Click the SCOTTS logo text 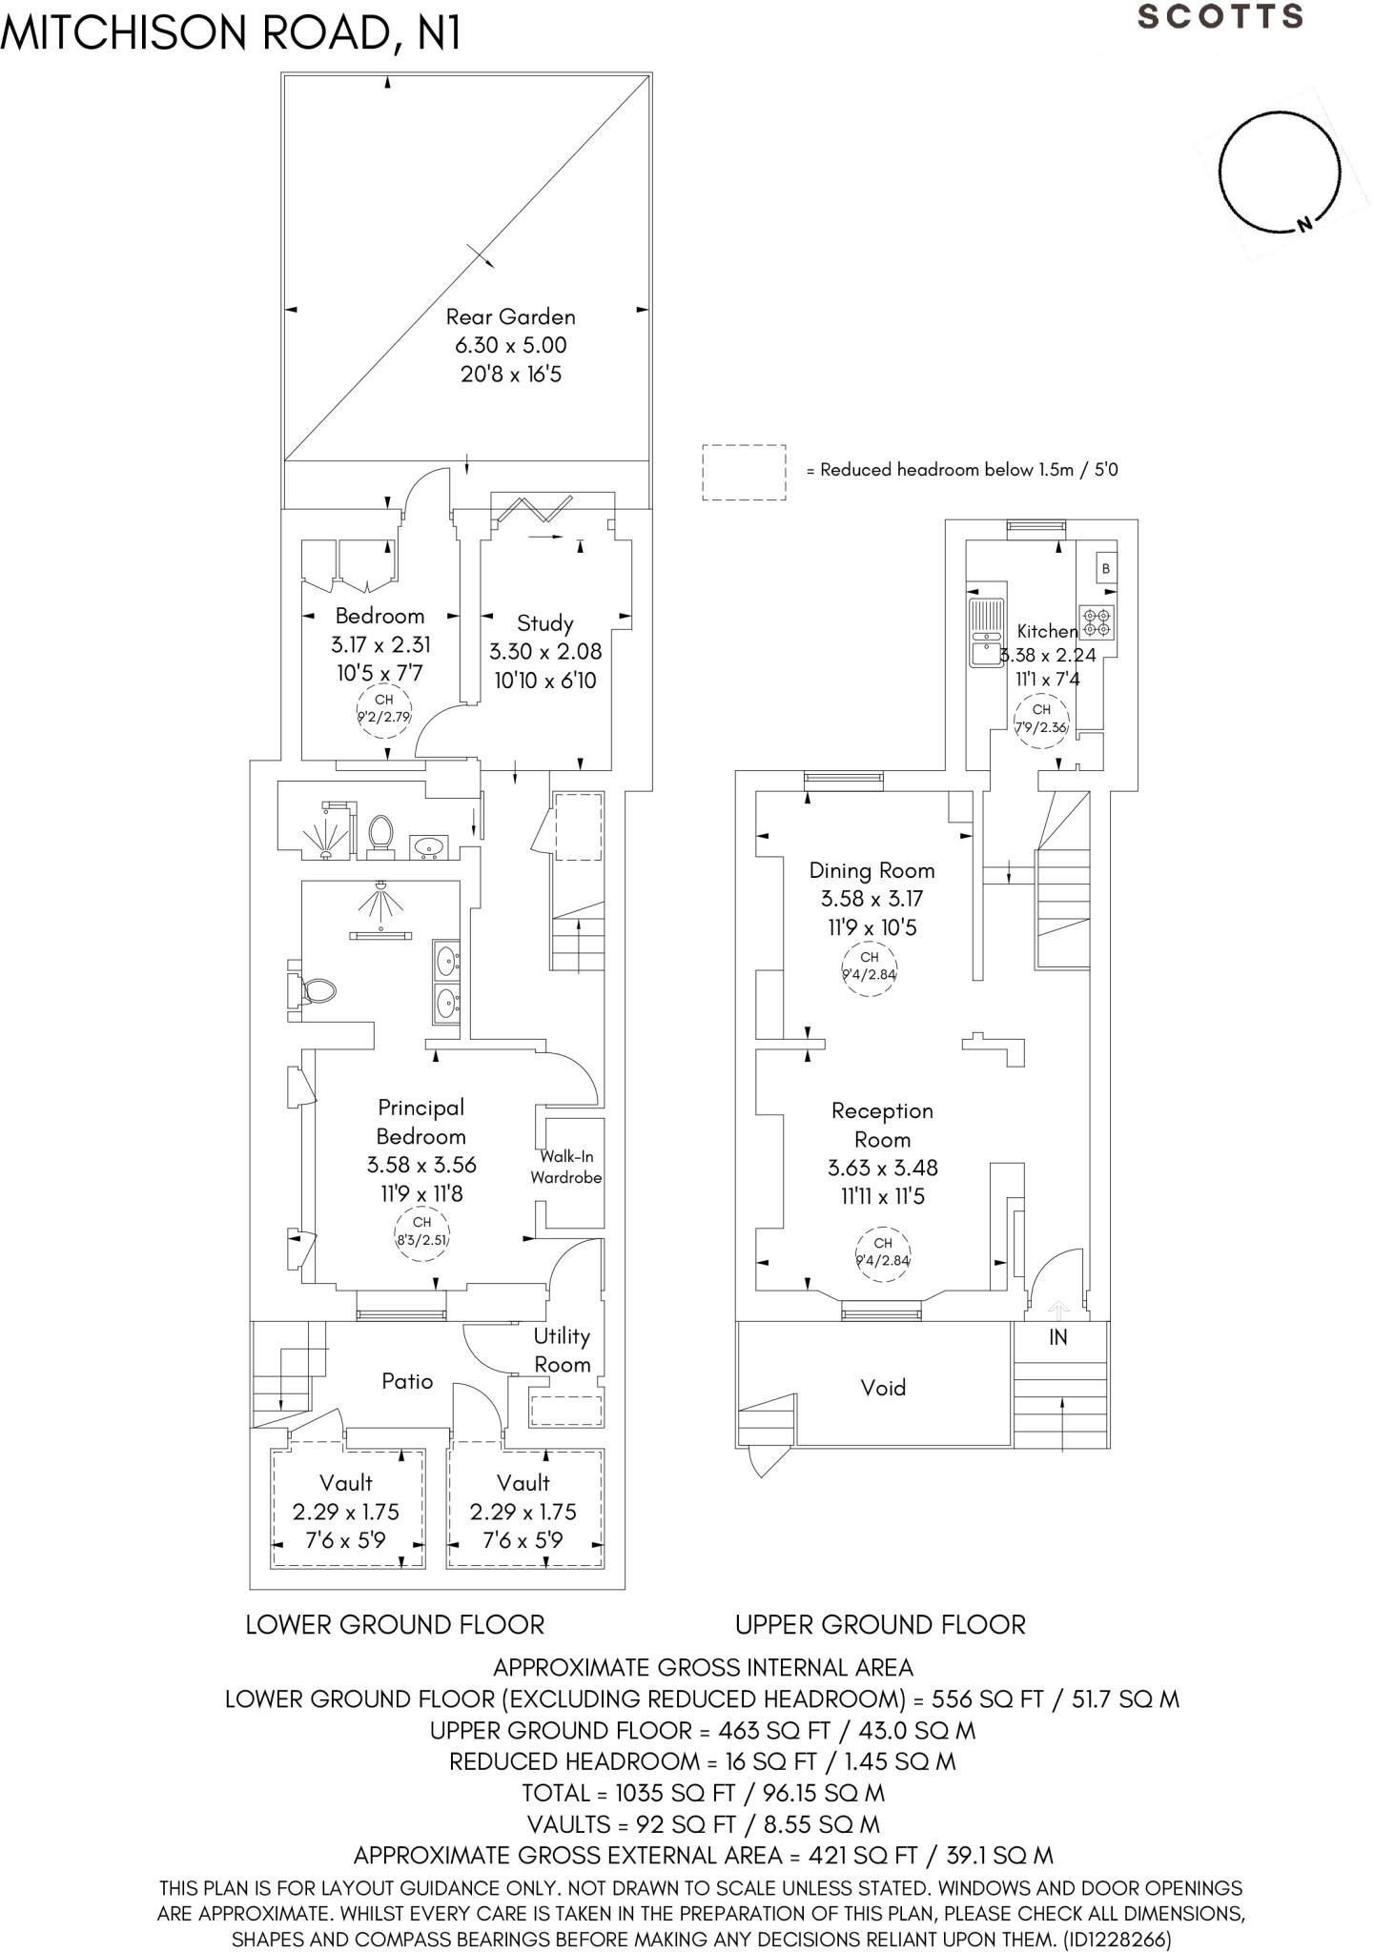1220,17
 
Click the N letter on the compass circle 1305,224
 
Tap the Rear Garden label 510,316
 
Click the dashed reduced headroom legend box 744,472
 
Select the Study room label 544,623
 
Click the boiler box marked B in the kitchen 1105,569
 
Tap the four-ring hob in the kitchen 1097,622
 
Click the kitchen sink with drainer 984,633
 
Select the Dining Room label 872,870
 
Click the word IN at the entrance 1058,1338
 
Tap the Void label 883,1388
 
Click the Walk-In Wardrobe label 566,1167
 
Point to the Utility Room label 562,1350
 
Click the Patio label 407,1381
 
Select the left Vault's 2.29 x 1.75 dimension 346,1512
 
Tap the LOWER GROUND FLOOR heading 395,1625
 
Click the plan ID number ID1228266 1116,1940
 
